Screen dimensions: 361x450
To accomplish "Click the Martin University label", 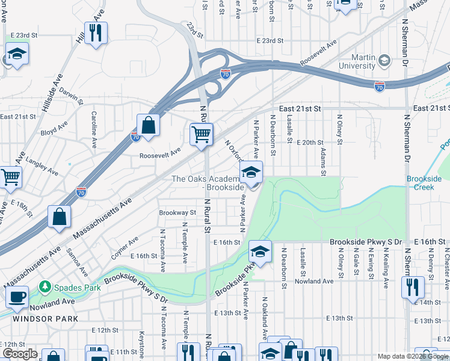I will pos(357,61).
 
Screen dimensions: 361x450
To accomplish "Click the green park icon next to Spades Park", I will pos(45,288).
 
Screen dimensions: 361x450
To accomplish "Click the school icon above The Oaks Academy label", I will pos(251,172).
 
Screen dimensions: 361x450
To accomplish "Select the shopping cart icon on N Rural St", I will pos(202,134).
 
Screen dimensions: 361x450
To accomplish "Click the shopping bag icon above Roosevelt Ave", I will pos(148,125).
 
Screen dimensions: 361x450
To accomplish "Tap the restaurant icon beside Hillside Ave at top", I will pos(96,32).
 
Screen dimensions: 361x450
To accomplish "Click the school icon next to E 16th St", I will pos(260,251).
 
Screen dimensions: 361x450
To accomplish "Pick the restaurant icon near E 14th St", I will pos(413,286).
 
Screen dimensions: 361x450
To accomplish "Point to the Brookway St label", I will pos(177,212).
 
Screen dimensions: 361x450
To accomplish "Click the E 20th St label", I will pos(310,143).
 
